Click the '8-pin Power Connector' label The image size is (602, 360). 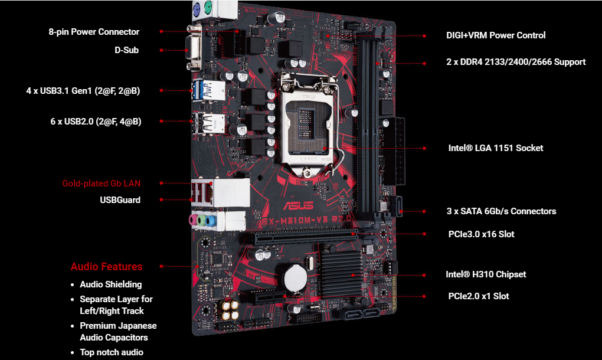point(94,32)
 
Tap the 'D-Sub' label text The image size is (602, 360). point(127,50)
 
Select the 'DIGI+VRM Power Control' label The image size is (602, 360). point(496,35)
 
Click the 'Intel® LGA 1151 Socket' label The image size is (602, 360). point(496,148)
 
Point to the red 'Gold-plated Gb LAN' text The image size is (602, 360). point(102,184)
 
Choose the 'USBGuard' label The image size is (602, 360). point(120,200)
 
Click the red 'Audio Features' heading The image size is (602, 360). point(106,266)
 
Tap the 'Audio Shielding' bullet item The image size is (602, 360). point(110,284)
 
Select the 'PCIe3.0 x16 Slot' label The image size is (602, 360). point(481,234)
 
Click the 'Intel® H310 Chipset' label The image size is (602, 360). point(486,274)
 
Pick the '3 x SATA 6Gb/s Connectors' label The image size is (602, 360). point(501,211)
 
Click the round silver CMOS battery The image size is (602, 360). point(295,279)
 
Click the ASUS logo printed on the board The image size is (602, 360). point(298,206)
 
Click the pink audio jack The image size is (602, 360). point(193,220)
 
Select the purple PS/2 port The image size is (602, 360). point(197,7)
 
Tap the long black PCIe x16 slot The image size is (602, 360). point(306,237)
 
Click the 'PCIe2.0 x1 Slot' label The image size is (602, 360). point(479,296)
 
